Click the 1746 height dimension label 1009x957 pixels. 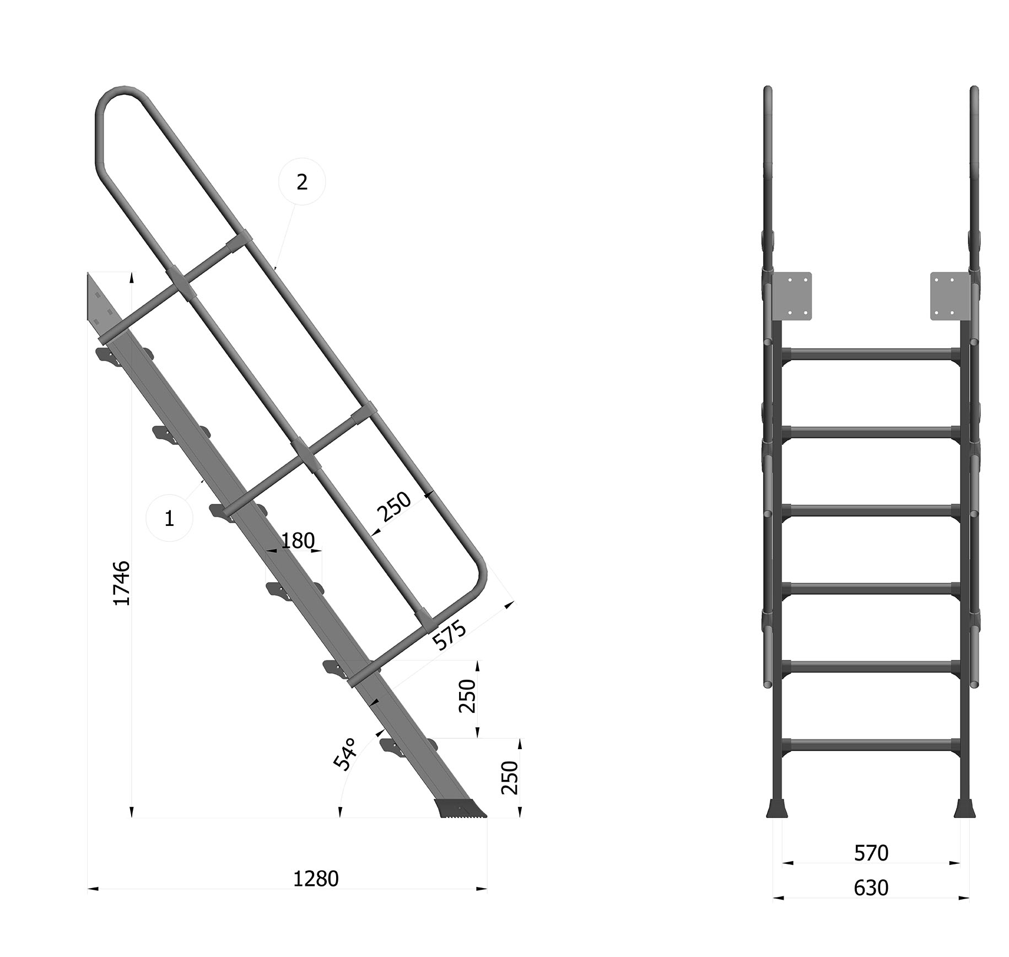pos(122,583)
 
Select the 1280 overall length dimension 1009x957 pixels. pos(315,878)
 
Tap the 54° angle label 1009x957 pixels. pos(346,754)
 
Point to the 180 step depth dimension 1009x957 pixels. pos(298,541)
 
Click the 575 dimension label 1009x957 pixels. pos(449,635)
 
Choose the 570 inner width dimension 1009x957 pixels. pos(871,853)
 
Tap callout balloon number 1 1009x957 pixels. pos(170,518)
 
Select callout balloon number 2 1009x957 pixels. pos(302,182)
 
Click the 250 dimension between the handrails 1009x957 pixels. pos(394,506)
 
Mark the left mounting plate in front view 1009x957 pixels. pos(791,296)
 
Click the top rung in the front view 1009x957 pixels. pos(871,354)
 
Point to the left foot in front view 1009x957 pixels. pos(777,807)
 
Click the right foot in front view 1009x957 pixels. pos(965,807)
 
